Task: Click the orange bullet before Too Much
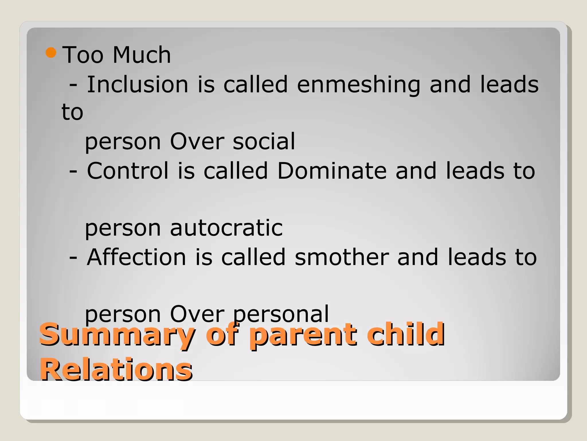[x=51, y=53]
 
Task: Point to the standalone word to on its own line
[x=72, y=113]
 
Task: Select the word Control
[x=128, y=171]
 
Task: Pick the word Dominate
[x=332, y=171]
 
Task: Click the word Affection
[x=136, y=257]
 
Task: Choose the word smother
[x=342, y=257]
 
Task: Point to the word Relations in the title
[x=116, y=370]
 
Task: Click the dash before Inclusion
[x=73, y=85]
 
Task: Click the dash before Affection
[x=73, y=258]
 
